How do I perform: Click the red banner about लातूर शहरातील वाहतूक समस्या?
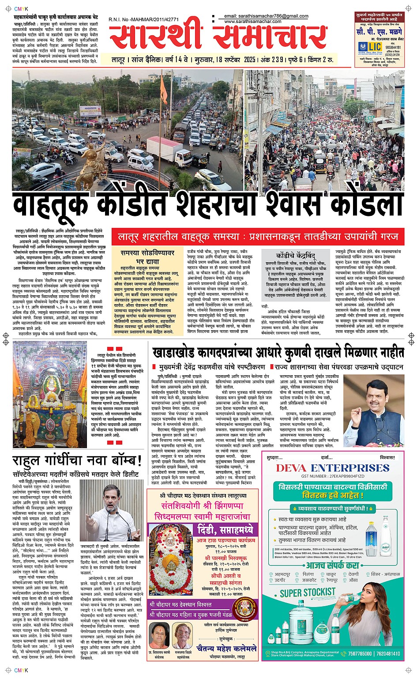pyautogui.click(x=258, y=237)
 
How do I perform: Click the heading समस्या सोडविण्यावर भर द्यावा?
pyautogui.click(x=147, y=257)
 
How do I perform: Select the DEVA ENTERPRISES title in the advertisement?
pyautogui.click(x=333, y=468)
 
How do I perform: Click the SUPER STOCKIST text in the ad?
pyautogui.click(x=308, y=592)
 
